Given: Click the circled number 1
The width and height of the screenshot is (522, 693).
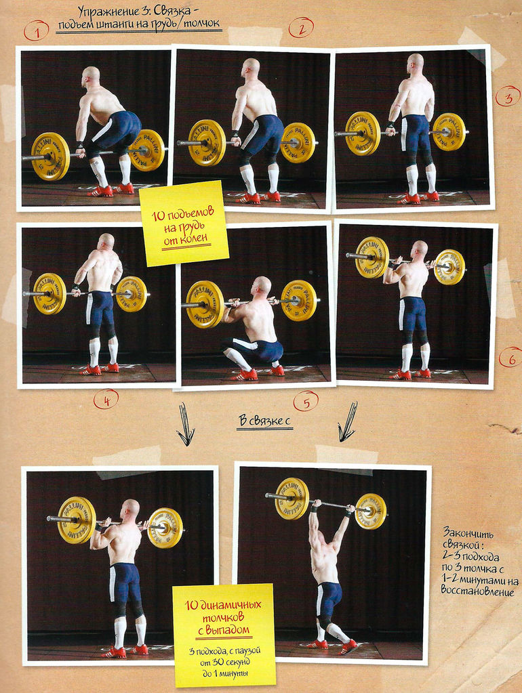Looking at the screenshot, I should click(36, 30).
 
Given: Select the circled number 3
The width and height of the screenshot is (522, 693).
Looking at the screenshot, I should click(507, 97).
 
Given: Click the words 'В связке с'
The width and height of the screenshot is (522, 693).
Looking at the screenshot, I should click(264, 421).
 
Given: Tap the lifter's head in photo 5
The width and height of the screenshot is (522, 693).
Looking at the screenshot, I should click(262, 286).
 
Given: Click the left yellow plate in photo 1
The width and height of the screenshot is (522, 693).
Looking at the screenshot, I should click(50, 156).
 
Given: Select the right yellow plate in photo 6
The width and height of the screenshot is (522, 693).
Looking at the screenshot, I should click(449, 267).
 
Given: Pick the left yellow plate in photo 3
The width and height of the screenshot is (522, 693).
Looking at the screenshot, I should click(363, 133).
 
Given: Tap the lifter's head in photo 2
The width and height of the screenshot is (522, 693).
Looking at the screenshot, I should click(251, 68).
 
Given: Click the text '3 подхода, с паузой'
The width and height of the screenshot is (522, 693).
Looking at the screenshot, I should click(223, 651).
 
